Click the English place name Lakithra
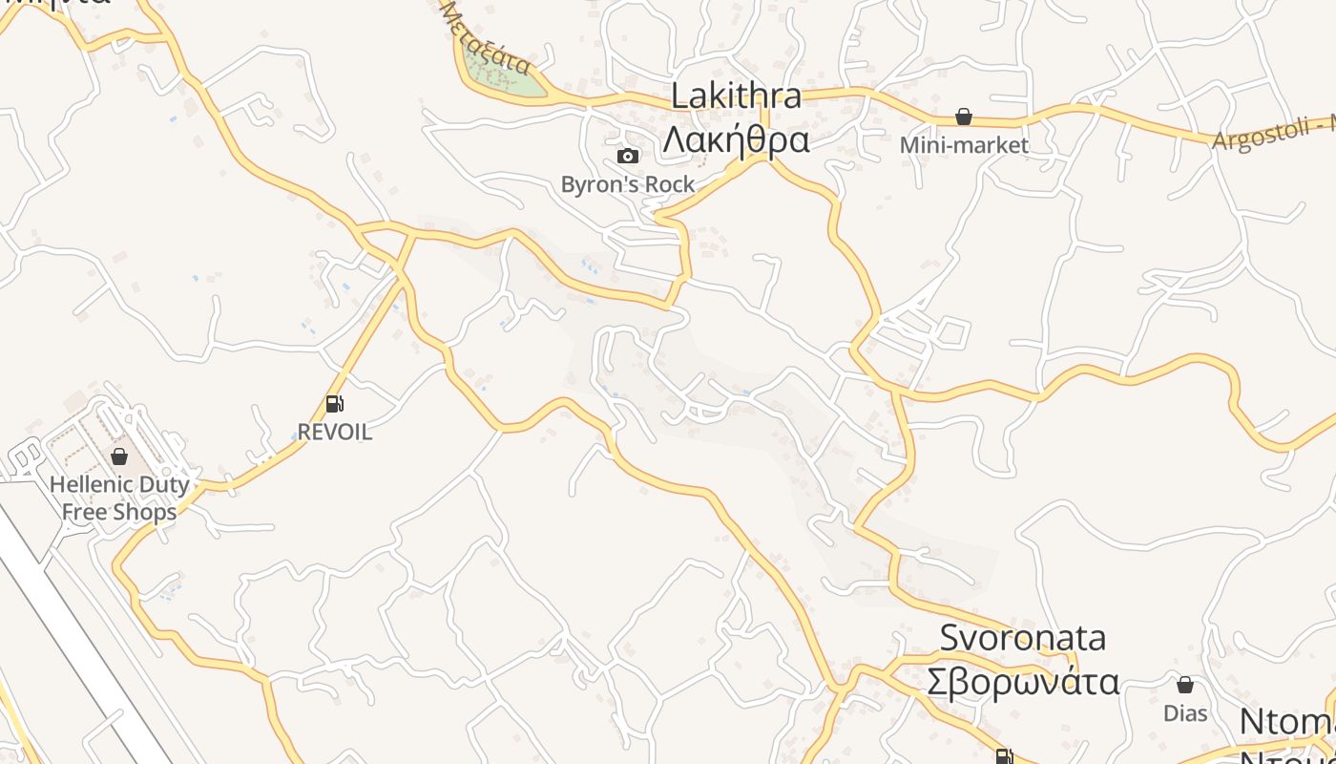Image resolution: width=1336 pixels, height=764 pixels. (735, 96)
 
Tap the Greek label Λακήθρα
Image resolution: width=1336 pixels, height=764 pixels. (736, 140)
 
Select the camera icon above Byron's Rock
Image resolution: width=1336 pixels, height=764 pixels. (627, 156)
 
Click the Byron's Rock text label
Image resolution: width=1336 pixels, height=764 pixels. (627, 184)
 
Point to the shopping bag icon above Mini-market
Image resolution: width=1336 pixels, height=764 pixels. (964, 117)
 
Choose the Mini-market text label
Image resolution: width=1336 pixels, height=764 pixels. (964, 145)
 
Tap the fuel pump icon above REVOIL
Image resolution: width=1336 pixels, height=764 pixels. (334, 404)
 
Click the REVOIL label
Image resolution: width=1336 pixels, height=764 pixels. (334, 433)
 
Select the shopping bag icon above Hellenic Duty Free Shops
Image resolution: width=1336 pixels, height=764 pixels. (119, 456)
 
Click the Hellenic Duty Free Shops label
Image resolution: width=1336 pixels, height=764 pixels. (119, 498)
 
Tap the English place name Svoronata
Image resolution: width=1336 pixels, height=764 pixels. (1022, 637)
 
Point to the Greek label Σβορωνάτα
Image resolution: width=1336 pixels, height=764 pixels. (1022, 683)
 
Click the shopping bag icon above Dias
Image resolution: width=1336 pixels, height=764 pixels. (1185, 685)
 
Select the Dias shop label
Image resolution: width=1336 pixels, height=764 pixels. (1185, 713)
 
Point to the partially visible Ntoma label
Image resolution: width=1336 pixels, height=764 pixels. (1288, 724)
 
